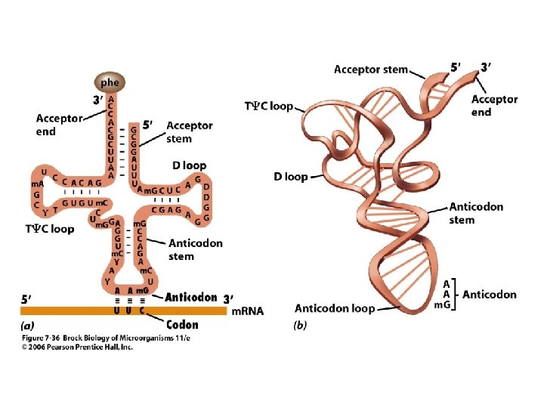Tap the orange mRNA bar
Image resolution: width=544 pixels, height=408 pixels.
(121, 310)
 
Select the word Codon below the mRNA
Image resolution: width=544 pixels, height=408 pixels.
(181, 325)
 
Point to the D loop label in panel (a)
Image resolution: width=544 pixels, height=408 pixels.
(188, 165)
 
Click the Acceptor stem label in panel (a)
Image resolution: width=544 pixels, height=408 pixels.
(189, 131)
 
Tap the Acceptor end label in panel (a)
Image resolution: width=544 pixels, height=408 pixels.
(56, 125)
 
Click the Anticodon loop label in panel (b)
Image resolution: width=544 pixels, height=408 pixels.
(335, 308)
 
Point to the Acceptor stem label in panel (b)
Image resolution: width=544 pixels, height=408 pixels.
(370, 70)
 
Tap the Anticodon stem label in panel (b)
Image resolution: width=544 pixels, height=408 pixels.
(476, 213)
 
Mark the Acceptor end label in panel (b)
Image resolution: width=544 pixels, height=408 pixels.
(494, 106)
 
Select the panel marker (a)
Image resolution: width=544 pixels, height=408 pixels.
(27, 326)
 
